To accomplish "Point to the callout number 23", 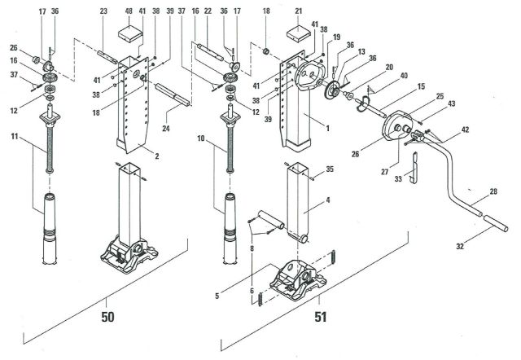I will (103, 12).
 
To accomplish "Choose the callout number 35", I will (330, 170).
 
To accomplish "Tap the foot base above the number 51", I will (298, 280).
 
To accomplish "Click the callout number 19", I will (336, 37).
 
